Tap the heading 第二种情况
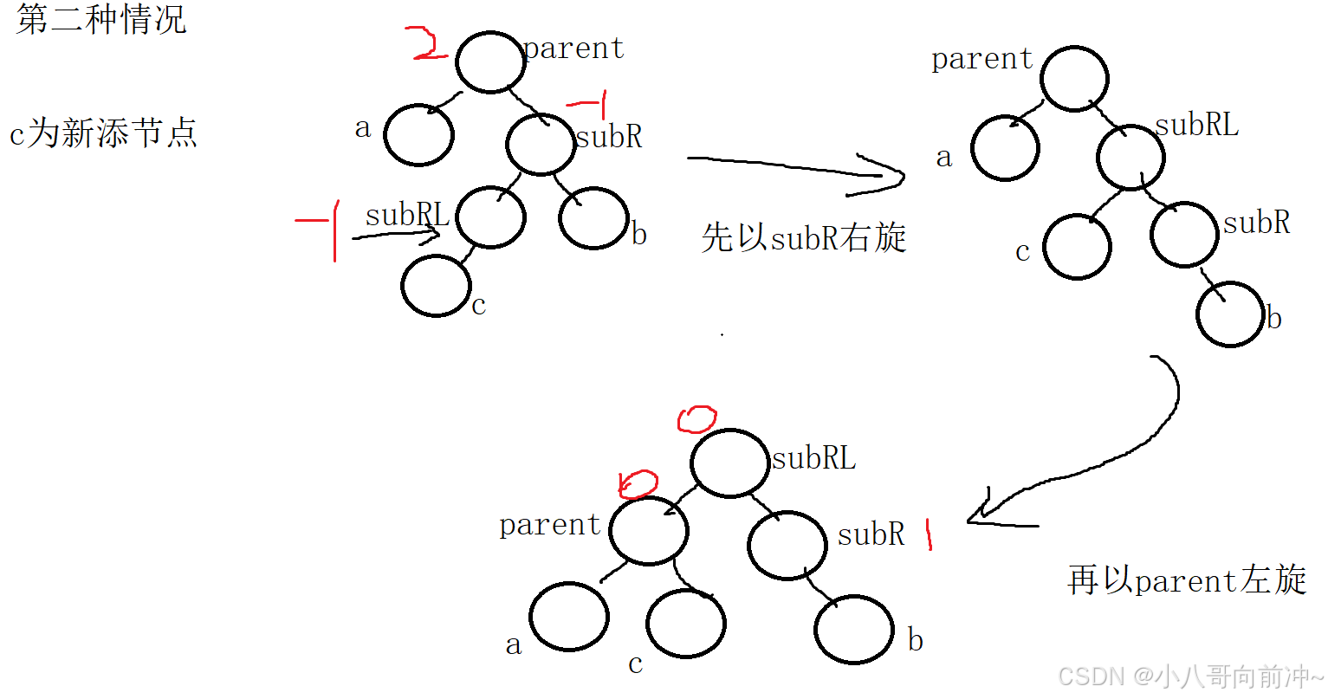[100, 19]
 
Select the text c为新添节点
[103, 133]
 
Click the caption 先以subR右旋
[803, 237]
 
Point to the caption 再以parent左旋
[1186, 579]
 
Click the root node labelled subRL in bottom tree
[730, 463]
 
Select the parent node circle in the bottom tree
[648, 531]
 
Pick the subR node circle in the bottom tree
[787, 546]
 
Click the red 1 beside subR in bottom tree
[929, 534]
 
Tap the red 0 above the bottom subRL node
[696, 419]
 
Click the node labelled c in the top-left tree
[436, 286]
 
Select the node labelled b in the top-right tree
[1230, 314]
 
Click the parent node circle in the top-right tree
[1074, 79]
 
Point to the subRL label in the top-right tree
[1196, 125]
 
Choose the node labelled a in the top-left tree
[418, 135]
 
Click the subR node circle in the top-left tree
[541, 145]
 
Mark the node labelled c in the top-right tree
[1077, 247]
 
